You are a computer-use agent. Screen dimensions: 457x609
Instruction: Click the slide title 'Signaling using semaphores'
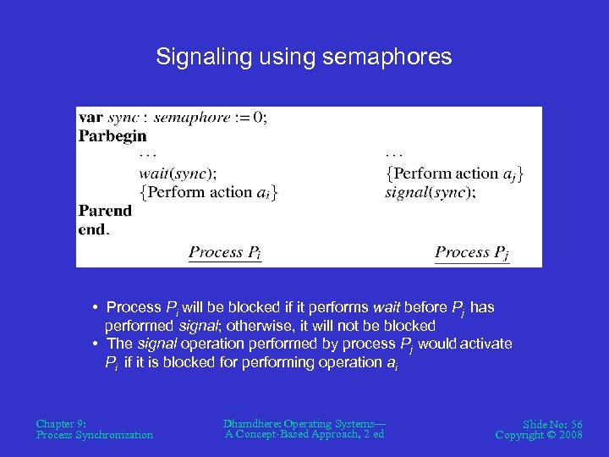click(304, 57)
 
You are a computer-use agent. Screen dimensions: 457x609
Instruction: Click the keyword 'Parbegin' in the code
click(112, 135)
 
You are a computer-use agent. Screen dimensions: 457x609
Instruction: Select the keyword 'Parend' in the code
click(106, 211)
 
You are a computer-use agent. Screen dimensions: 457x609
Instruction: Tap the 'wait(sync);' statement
click(178, 173)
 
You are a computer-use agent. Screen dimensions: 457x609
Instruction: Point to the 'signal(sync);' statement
click(430, 192)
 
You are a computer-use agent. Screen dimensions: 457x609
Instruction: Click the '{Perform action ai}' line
click(209, 192)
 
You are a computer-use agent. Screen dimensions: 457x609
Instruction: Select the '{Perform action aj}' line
click(454, 173)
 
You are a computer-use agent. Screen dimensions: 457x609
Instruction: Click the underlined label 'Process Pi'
click(225, 252)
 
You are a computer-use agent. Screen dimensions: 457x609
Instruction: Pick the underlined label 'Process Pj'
click(472, 252)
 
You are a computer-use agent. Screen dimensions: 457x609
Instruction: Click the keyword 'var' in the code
click(91, 117)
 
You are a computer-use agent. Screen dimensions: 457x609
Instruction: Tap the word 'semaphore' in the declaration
click(192, 117)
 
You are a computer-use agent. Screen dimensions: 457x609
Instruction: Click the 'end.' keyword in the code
click(94, 229)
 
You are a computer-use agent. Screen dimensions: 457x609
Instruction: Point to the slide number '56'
click(574, 424)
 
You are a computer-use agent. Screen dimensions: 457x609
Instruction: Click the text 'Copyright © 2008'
click(539, 435)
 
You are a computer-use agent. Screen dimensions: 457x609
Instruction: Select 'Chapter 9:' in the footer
click(61, 423)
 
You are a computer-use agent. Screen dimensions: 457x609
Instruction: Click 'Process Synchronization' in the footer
click(95, 435)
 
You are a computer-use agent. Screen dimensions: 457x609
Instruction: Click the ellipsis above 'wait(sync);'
click(148, 155)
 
